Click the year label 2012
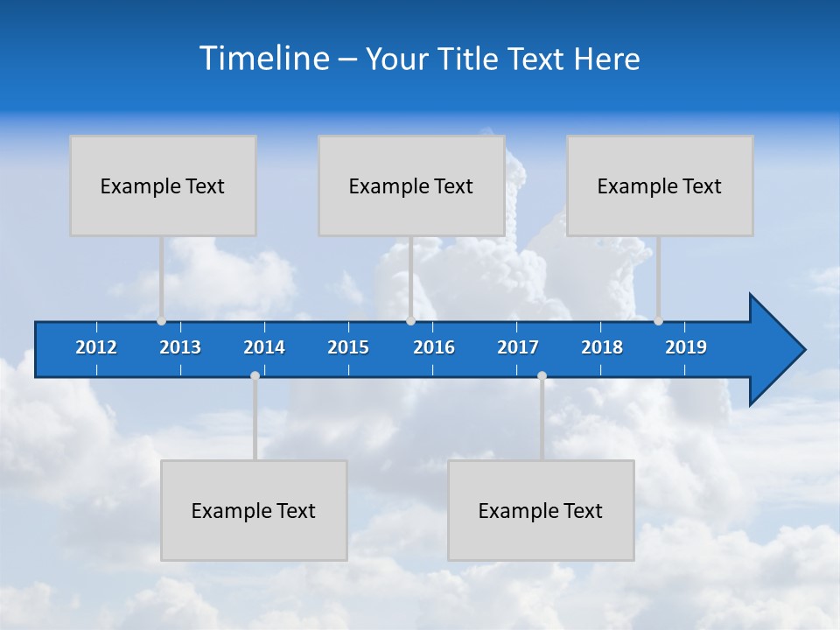96,347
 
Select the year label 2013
180,347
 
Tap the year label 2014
264,347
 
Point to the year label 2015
348,347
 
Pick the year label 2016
434,347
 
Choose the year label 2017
518,347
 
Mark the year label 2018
602,347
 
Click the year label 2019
686,347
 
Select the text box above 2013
163,185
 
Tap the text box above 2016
411,185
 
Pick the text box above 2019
660,185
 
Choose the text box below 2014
254,510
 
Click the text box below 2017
541,510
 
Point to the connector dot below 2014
255,375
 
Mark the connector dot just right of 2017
542,375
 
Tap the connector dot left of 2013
162,321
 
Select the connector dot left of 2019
658,321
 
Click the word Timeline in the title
262,59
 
